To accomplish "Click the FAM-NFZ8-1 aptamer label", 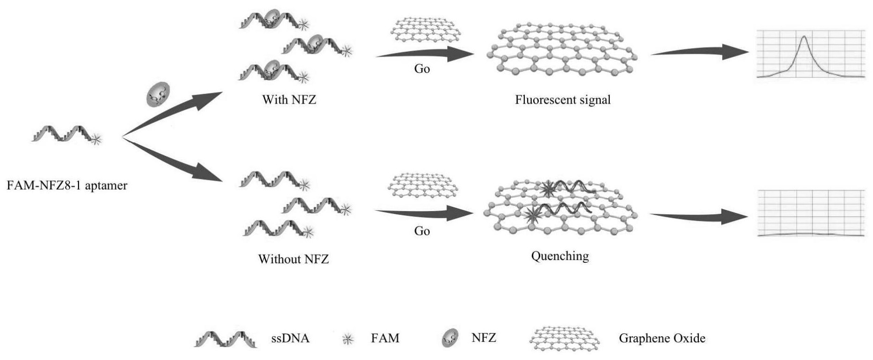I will point(67,185).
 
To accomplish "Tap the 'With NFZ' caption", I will point(289,99).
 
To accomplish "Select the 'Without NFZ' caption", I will point(293,259).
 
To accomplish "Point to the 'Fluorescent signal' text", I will point(563,100).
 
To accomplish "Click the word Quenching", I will point(560,256).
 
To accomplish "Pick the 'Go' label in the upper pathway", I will point(422,69).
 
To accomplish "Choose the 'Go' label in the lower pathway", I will point(422,231).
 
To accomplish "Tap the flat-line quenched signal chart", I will point(811,213).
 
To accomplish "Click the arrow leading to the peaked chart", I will point(700,52).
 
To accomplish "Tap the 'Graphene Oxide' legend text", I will point(662,339).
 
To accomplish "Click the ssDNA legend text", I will point(290,339).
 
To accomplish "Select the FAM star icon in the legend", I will point(347,339).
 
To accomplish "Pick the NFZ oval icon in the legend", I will point(450,338).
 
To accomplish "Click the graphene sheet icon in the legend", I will point(565,339).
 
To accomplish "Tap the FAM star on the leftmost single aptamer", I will point(96,139).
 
